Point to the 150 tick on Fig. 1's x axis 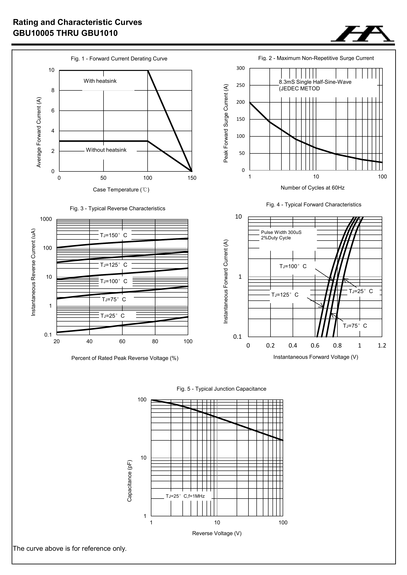[192, 178]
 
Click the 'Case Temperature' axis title [121, 190]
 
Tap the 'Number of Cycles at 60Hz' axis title [313, 188]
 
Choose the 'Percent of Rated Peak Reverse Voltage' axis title [125, 358]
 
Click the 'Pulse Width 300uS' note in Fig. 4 [281, 232]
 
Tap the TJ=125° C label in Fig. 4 [285, 295]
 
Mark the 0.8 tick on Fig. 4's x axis [337, 346]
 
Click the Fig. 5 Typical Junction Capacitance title [221, 389]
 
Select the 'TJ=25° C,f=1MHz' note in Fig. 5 [185, 496]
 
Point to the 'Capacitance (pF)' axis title [129, 481]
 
